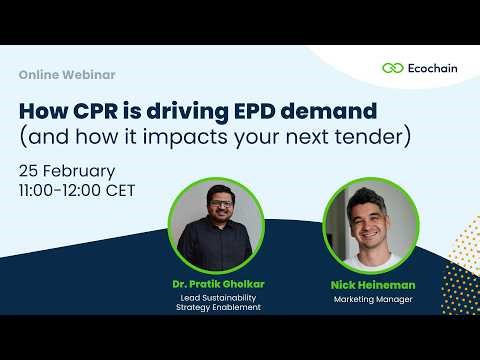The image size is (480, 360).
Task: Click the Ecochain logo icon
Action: [392, 68]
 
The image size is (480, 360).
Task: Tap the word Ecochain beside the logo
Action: [433, 68]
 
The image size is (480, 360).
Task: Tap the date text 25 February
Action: [66, 169]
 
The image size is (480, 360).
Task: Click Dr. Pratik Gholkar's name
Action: [210, 285]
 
